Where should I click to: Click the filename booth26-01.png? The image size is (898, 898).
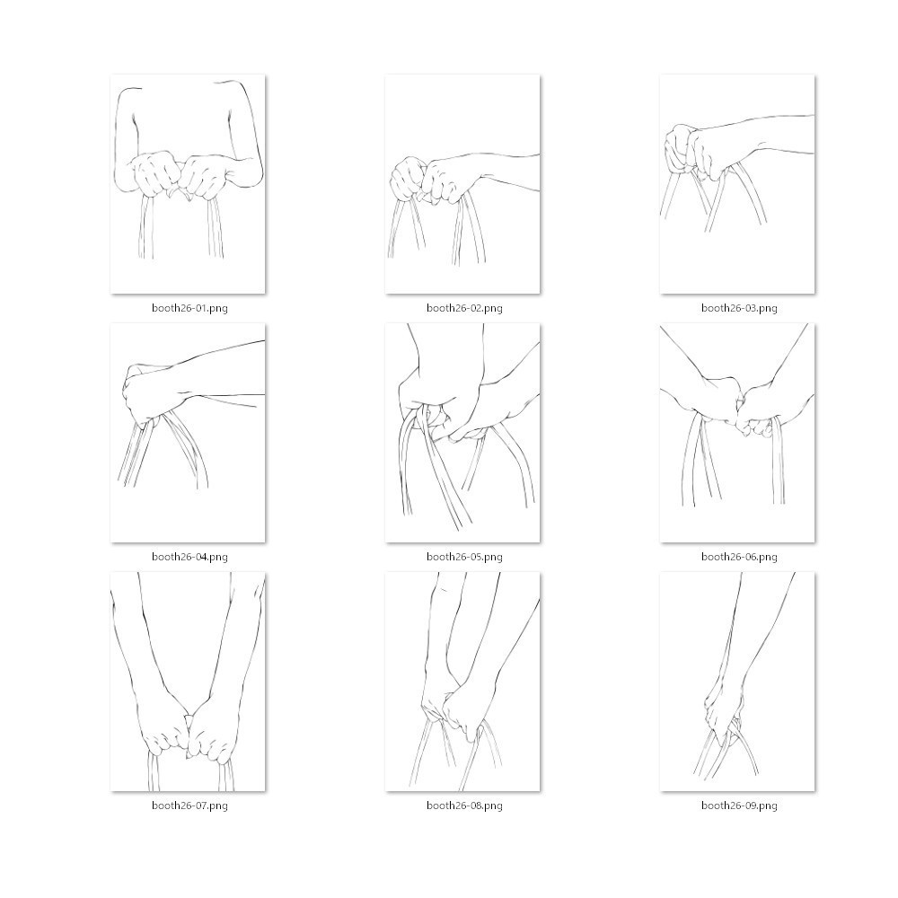(x=189, y=308)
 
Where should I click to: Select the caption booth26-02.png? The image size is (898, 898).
(x=464, y=308)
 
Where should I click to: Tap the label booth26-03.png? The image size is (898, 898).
(x=739, y=308)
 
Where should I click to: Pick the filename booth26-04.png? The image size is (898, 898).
(x=189, y=557)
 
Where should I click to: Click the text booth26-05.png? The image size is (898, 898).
(x=464, y=557)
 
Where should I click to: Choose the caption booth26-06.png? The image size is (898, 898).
(x=739, y=557)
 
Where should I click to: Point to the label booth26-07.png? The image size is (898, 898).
(x=189, y=806)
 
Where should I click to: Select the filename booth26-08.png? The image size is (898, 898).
(x=464, y=806)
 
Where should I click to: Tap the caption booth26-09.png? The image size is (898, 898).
(x=739, y=806)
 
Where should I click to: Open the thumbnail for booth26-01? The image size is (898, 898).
(x=188, y=184)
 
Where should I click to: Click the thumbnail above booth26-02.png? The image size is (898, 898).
(x=462, y=184)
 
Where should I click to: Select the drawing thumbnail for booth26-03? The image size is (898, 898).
(x=737, y=184)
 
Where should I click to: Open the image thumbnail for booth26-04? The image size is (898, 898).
(x=188, y=433)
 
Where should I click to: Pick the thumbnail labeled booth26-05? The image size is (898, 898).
(x=462, y=433)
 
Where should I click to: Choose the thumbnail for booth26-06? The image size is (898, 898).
(x=737, y=433)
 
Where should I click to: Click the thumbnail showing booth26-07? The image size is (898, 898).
(x=188, y=682)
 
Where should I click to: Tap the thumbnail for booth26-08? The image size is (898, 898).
(x=462, y=682)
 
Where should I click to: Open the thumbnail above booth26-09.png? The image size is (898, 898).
(x=737, y=682)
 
